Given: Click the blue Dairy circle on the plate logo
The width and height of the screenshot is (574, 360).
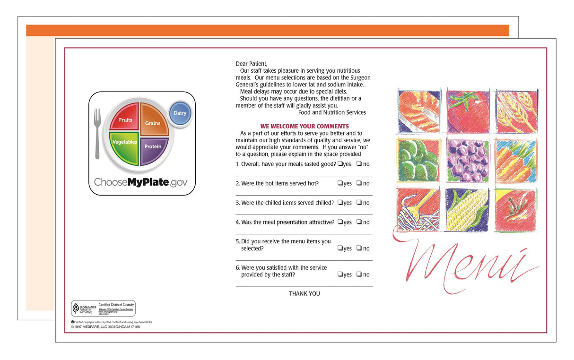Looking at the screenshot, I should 180,113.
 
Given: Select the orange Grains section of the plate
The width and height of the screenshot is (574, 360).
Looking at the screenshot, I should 154,120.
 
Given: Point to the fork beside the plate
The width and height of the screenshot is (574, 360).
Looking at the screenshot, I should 97,133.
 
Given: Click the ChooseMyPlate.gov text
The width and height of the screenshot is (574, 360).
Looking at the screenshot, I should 140,182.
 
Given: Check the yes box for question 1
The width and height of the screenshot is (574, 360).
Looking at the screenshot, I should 340,164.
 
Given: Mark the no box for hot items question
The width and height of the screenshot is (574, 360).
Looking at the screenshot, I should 359,183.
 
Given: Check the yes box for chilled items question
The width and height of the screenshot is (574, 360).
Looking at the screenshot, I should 340,203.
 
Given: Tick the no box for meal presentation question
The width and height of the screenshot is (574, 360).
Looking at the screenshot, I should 359,222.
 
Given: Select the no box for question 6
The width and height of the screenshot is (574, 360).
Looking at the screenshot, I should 359,274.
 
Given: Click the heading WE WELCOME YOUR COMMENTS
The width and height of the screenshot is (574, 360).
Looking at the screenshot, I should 304,126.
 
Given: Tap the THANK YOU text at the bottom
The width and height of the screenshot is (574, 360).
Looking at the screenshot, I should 304,293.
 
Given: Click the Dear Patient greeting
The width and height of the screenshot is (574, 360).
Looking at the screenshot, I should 252,63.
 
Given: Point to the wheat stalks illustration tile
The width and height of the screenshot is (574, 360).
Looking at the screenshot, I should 516,111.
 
